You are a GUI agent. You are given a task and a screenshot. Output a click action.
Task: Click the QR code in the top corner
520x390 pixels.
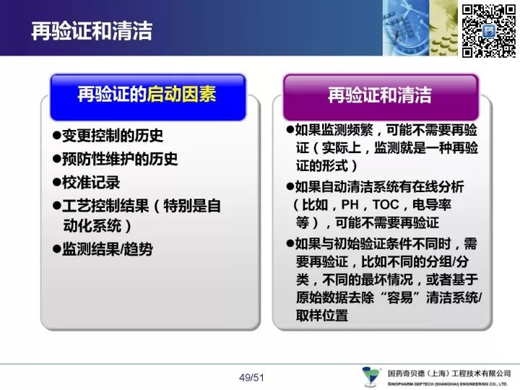(x=489, y=31)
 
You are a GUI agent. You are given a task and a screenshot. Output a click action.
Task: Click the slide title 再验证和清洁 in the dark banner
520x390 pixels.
(x=92, y=31)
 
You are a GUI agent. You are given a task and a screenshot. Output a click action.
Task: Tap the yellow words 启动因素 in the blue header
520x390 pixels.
(x=181, y=94)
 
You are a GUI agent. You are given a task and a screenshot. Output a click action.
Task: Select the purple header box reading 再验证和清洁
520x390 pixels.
(x=381, y=97)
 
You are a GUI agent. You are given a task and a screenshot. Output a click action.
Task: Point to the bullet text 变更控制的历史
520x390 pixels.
(x=113, y=135)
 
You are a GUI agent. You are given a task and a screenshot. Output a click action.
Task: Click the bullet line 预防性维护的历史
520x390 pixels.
(x=120, y=159)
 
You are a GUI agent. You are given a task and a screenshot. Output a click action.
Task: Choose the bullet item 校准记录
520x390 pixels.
(x=91, y=183)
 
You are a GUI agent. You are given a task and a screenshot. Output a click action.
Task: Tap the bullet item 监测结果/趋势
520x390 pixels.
(x=108, y=249)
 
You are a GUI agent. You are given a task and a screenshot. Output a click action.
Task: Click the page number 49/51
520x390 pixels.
(x=251, y=378)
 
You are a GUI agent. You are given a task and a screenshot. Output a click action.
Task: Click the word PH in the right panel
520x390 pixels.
(x=350, y=204)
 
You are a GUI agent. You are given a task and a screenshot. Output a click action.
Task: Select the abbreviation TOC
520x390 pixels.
(x=386, y=204)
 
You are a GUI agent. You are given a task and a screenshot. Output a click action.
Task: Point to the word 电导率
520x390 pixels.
(x=432, y=204)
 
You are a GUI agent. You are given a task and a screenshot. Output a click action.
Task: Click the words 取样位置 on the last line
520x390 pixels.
(x=322, y=315)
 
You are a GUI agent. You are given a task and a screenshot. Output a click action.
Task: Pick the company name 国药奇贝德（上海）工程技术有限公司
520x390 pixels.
(x=449, y=374)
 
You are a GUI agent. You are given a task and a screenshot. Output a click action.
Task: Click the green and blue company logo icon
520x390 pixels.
(x=370, y=376)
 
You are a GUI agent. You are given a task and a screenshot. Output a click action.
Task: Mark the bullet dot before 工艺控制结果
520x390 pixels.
(x=57, y=206)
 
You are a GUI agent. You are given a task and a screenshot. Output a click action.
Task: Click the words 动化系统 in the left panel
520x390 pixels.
(x=92, y=226)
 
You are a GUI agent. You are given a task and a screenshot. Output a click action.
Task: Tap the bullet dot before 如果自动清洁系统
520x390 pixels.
(x=290, y=186)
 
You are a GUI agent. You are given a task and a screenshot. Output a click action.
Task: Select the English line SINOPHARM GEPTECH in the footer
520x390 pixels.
(x=448, y=384)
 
